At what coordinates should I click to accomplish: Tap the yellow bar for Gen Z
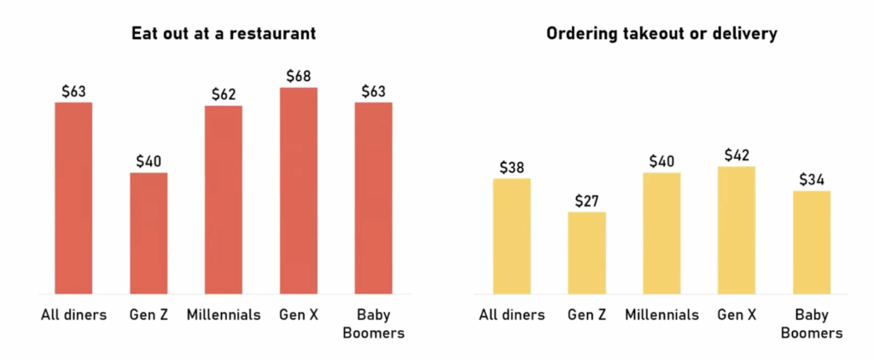pyautogui.click(x=586, y=253)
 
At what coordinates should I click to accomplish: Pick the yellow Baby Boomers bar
pyautogui.click(x=812, y=242)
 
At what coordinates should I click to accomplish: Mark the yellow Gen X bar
pyautogui.click(x=737, y=229)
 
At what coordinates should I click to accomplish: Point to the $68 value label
pyautogui.click(x=298, y=76)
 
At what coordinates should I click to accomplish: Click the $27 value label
pyautogui.click(x=586, y=200)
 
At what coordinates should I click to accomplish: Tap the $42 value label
pyautogui.click(x=737, y=155)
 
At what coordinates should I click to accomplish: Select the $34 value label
pyautogui.click(x=812, y=179)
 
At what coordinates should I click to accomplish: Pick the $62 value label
pyautogui.click(x=223, y=95)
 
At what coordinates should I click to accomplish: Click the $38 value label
pyautogui.click(x=511, y=167)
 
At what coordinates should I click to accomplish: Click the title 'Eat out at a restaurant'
pyautogui.click(x=224, y=34)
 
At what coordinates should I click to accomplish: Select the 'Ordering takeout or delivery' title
pyautogui.click(x=661, y=34)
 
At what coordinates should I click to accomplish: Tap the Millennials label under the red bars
pyautogui.click(x=223, y=315)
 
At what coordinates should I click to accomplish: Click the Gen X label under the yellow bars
pyautogui.click(x=737, y=315)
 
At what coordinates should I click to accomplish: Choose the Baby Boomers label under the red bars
pyautogui.click(x=373, y=323)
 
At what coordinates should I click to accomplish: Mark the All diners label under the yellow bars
pyautogui.click(x=511, y=315)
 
